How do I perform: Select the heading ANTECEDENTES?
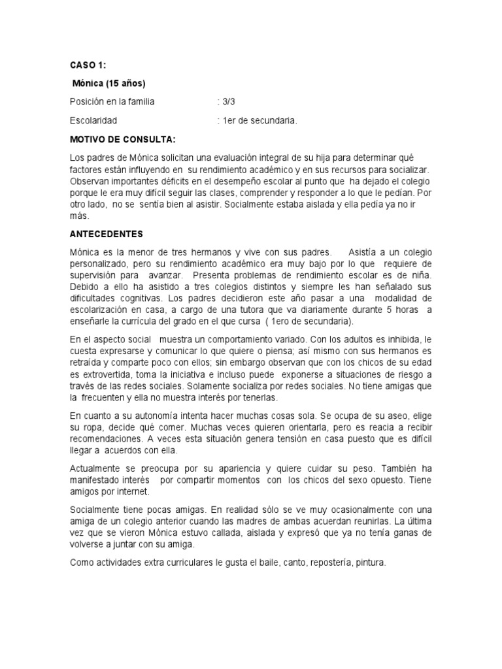106,233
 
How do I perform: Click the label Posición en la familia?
112,102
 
